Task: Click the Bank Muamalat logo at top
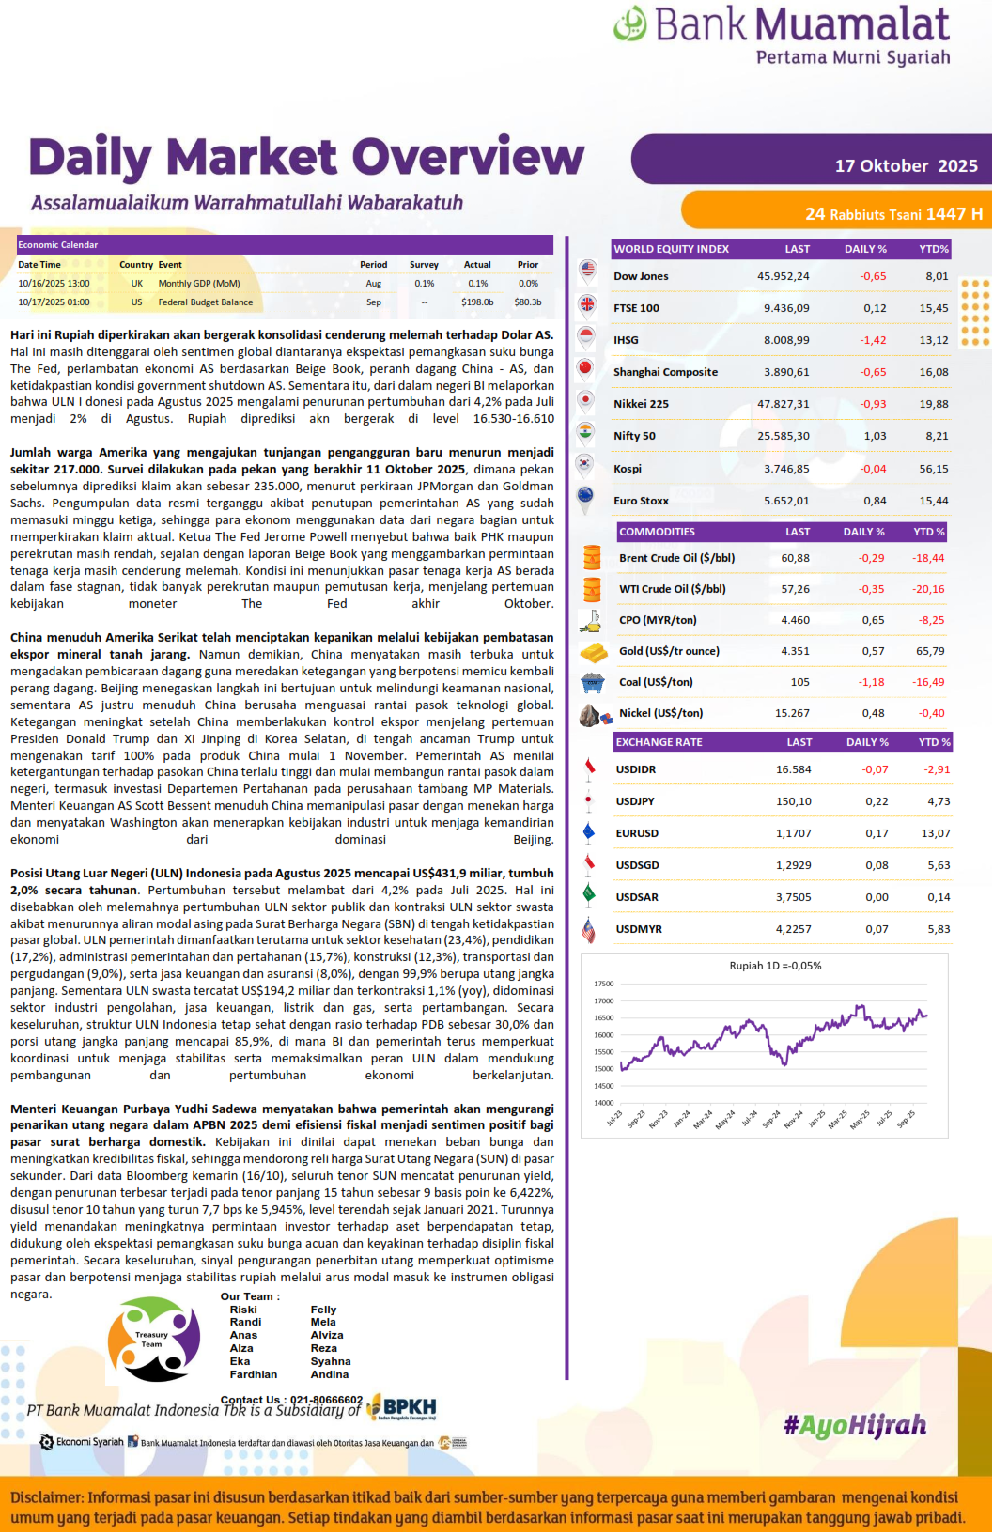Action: click(x=782, y=36)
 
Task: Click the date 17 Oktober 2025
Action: click(x=906, y=166)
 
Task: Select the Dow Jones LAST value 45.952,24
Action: click(x=783, y=276)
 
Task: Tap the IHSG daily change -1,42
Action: click(x=873, y=340)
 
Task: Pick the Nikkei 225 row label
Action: click(x=641, y=404)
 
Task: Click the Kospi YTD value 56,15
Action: click(x=933, y=469)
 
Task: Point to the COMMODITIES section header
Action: click(x=657, y=532)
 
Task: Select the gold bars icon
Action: click(x=593, y=652)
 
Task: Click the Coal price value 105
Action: click(x=799, y=682)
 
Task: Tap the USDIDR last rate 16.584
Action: click(x=793, y=769)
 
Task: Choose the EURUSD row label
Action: click(x=637, y=833)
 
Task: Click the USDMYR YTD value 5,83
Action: click(x=939, y=929)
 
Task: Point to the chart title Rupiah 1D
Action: click(x=775, y=966)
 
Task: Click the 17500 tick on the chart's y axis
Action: click(x=603, y=984)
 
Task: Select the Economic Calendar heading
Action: click(x=57, y=245)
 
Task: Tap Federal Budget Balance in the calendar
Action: click(x=205, y=302)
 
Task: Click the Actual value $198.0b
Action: click(x=477, y=302)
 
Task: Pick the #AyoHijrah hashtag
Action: click(x=855, y=1426)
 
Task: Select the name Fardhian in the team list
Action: click(x=254, y=1374)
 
